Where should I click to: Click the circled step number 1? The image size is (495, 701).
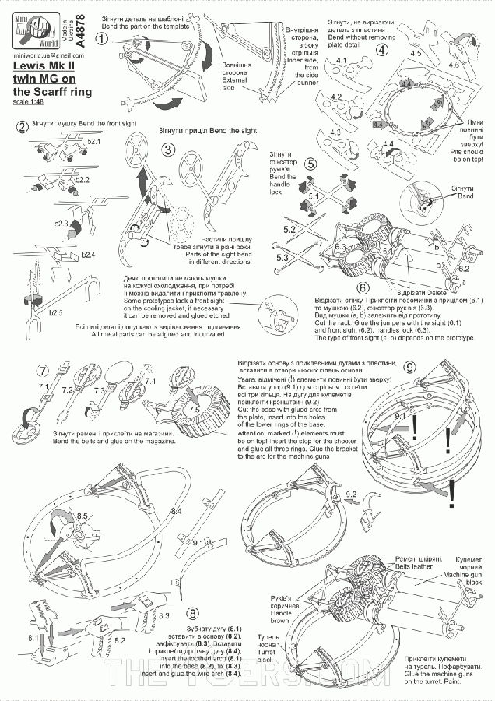(x=110, y=25)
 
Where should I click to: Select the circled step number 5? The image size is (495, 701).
(x=311, y=164)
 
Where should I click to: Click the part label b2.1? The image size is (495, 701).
(x=94, y=143)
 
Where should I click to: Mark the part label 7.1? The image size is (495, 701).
(x=42, y=386)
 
